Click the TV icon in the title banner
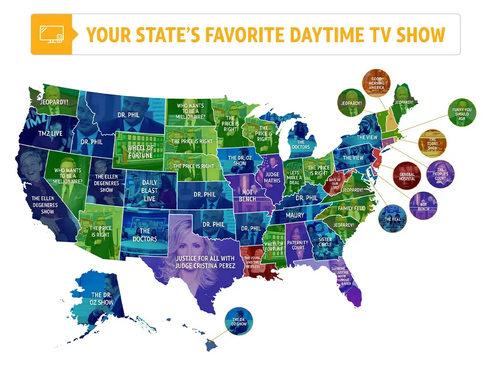tap(51, 34)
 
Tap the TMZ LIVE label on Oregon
tap(50, 134)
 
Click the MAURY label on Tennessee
tap(295, 215)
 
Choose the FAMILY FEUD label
tap(352, 209)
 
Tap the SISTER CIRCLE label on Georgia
tap(325, 242)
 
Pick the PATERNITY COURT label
tap(298, 245)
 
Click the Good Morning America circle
tap(377, 84)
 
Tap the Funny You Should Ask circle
tap(461, 113)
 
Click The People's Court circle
tap(440, 173)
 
